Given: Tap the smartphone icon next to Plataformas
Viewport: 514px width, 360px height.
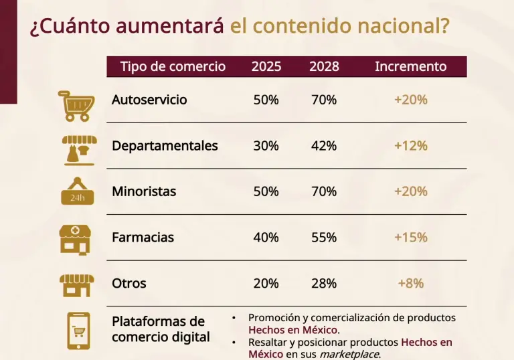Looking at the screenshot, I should pyautogui.click(x=77, y=330).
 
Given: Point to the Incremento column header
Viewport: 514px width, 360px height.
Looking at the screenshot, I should pyautogui.click(x=410, y=66).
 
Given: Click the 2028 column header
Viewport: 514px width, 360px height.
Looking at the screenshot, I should pyautogui.click(x=324, y=66).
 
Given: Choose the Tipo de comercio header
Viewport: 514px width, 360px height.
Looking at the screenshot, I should pyautogui.click(x=173, y=66).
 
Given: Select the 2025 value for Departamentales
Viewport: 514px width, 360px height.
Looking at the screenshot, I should pyautogui.click(x=266, y=146).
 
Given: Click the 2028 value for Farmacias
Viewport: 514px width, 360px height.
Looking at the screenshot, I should pyautogui.click(x=324, y=238).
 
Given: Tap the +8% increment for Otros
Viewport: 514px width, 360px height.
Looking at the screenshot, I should pyautogui.click(x=410, y=283).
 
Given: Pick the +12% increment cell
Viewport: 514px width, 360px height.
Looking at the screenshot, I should pyautogui.click(x=410, y=146).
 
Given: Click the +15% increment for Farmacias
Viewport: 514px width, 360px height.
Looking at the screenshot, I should pyautogui.click(x=410, y=238).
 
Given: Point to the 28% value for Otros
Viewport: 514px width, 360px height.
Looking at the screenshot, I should pyautogui.click(x=324, y=283).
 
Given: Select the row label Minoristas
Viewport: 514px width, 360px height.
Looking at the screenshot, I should pyautogui.click(x=144, y=191).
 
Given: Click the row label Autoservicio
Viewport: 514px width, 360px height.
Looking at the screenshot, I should pyautogui.click(x=149, y=100).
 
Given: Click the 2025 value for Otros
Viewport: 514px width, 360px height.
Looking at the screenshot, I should pyautogui.click(x=266, y=283).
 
